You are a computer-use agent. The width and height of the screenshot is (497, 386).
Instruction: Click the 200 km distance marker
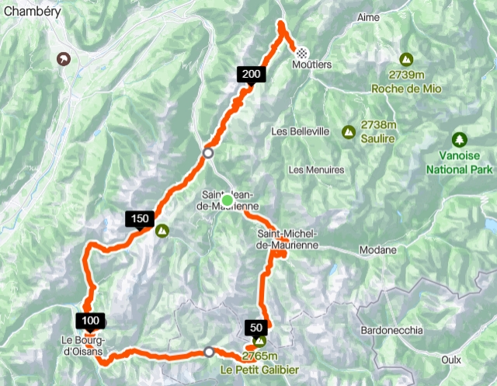tap(251, 75)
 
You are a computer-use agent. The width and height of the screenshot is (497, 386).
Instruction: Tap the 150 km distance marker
tap(140, 219)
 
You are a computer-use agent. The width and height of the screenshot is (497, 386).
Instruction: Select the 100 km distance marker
tap(90, 320)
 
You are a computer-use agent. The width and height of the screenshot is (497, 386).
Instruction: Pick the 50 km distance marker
tap(256, 327)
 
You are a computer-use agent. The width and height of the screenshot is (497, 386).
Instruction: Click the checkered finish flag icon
tap(301, 53)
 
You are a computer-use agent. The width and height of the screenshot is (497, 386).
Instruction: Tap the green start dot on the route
tap(227, 201)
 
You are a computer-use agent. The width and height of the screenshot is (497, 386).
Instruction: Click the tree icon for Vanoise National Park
tap(461, 140)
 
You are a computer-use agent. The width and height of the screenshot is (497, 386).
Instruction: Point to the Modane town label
tap(378, 250)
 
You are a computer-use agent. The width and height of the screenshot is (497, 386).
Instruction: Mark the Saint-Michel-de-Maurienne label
tap(287, 238)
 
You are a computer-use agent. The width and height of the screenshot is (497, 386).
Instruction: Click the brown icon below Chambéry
tap(63, 57)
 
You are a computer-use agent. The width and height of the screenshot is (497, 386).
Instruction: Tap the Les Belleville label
tap(301, 131)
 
